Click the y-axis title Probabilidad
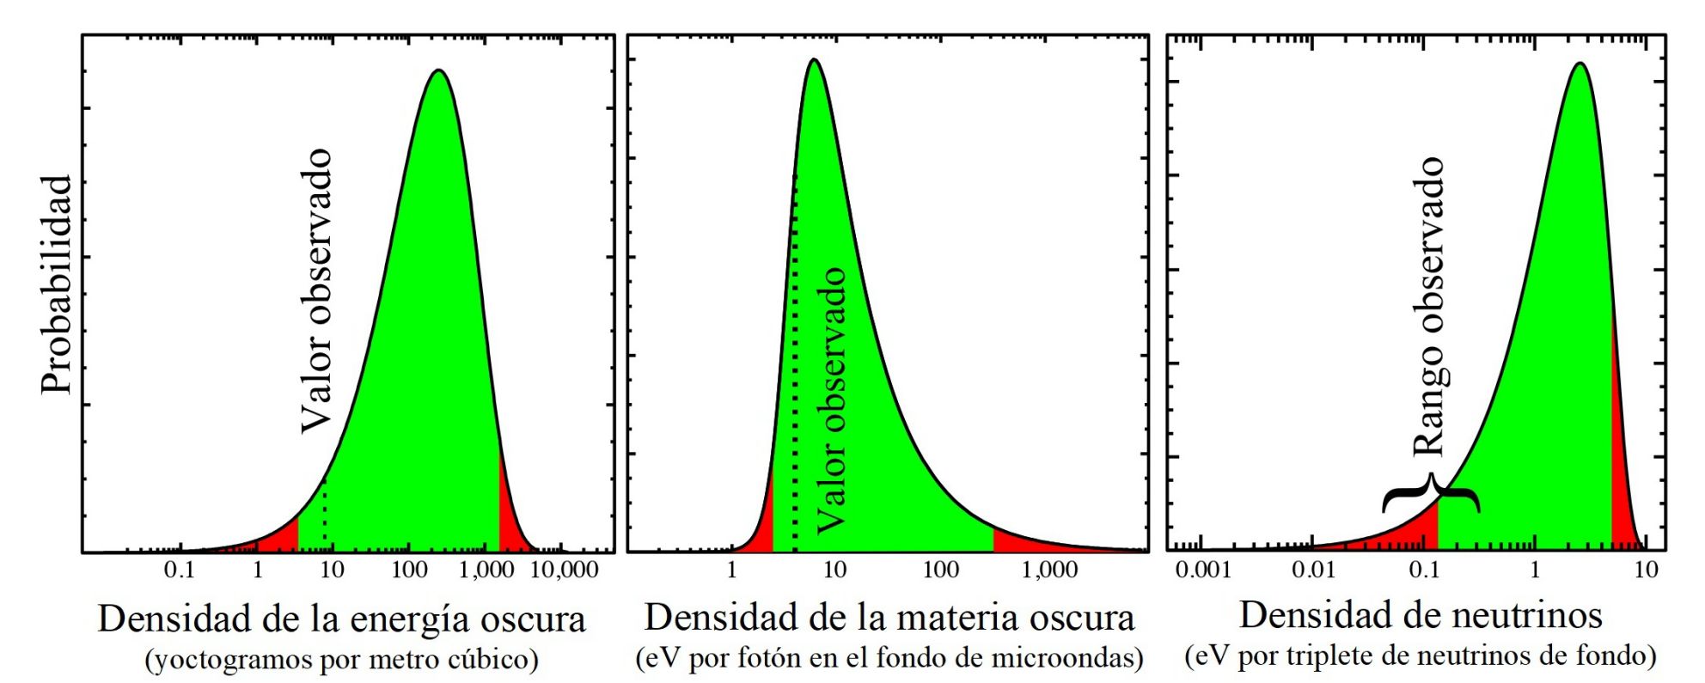coord(57,284)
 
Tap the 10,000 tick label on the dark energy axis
coord(559,570)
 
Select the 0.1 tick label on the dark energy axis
coord(180,570)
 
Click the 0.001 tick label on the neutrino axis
coord(1202,570)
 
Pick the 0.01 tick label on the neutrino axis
coord(1313,570)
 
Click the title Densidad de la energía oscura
coord(341,619)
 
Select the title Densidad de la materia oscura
coord(889,617)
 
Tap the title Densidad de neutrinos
coord(1420,615)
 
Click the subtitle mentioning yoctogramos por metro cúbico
coord(341,660)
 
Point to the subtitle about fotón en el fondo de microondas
coord(889,658)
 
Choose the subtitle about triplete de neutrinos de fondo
coord(1420,656)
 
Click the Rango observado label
coord(1428,306)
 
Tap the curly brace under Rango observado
coord(1431,493)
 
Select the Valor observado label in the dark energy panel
coord(315,290)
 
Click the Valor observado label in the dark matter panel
coord(830,399)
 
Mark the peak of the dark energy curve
coord(438,71)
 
